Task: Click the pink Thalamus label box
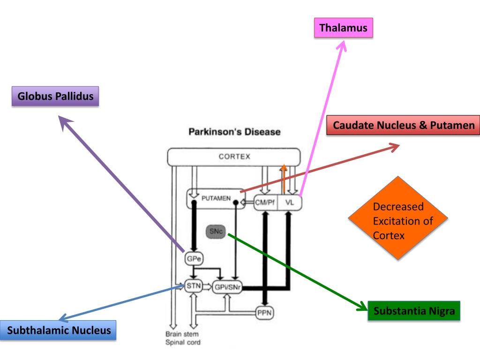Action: [343, 28]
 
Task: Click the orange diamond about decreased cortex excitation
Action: [397, 218]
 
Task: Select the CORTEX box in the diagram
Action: [234, 157]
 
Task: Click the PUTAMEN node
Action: [216, 199]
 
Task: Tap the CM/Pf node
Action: [265, 202]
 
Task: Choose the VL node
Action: [290, 202]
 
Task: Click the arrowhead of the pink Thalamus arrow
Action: [343, 45]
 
